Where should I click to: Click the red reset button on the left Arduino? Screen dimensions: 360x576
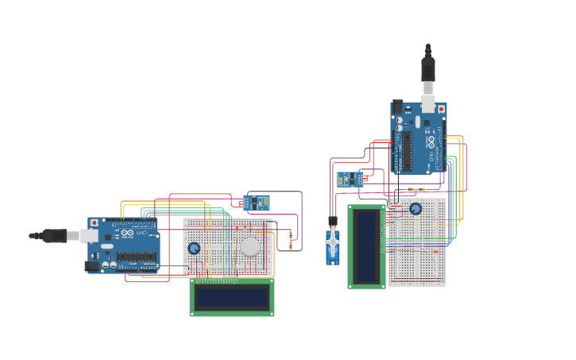tap(95, 223)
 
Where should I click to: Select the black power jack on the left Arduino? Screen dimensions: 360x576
tap(92, 265)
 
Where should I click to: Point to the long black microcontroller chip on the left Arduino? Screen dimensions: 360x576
tap(137, 257)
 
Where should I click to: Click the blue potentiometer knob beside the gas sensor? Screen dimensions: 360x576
tap(194, 248)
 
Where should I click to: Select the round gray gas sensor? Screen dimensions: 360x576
tap(250, 246)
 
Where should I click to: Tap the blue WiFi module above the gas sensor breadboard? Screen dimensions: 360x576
tap(256, 203)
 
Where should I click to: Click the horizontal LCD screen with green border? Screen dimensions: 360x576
tap(232, 297)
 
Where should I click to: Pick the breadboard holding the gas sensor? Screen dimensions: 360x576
tap(227, 246)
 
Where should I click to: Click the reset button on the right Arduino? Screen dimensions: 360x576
tap(441, 109)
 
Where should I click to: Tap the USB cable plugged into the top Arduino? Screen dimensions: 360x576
tap(428, 72)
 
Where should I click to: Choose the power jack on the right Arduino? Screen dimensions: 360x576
tap(397, 106)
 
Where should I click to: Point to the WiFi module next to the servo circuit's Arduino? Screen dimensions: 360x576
tap(350, 180)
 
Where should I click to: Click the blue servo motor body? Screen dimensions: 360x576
tap(332, 246)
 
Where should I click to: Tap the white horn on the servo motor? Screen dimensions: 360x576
tap(332, 241)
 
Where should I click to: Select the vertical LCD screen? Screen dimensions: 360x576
tap(366, 246)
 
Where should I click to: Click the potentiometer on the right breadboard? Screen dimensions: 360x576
tap(416, 208)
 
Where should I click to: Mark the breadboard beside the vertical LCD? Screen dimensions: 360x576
tap(417, 242)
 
